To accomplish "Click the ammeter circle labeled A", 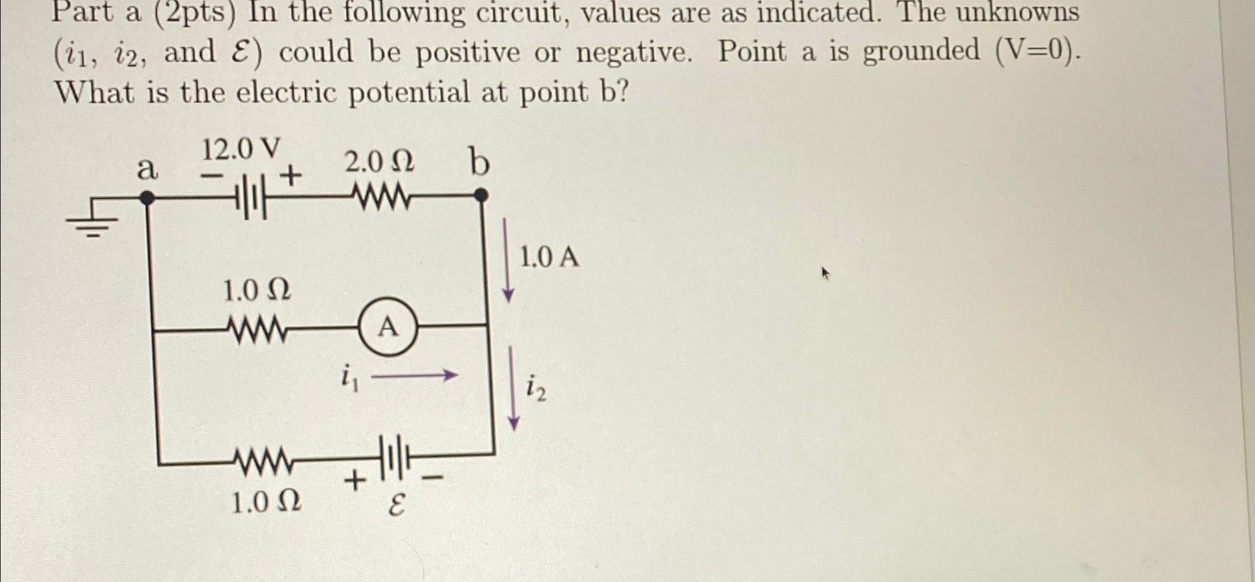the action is pyautogui.click(x=388, y=327).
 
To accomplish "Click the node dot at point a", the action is pyautogui.click(x=147, y=197).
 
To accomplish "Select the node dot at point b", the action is pyautogui.click(x=480, y=196).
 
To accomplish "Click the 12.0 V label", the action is pyautogui.click(x=241, y=149).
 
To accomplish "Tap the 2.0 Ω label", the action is pyautogui.click(x=379, y=162).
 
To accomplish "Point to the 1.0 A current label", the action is pyautogui.click(x=550, y=258).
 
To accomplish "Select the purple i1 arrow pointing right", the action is pyautogui.click(x=414, y=376).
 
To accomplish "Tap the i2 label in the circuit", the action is pyautogui.click(x=536, y=388).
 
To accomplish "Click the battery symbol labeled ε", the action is pyautogui.click(x=394, y=457).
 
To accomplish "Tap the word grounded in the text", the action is pyautogui.click(x=921, y=51).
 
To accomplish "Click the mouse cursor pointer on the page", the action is pyautogui.click(x=825, y=273).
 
